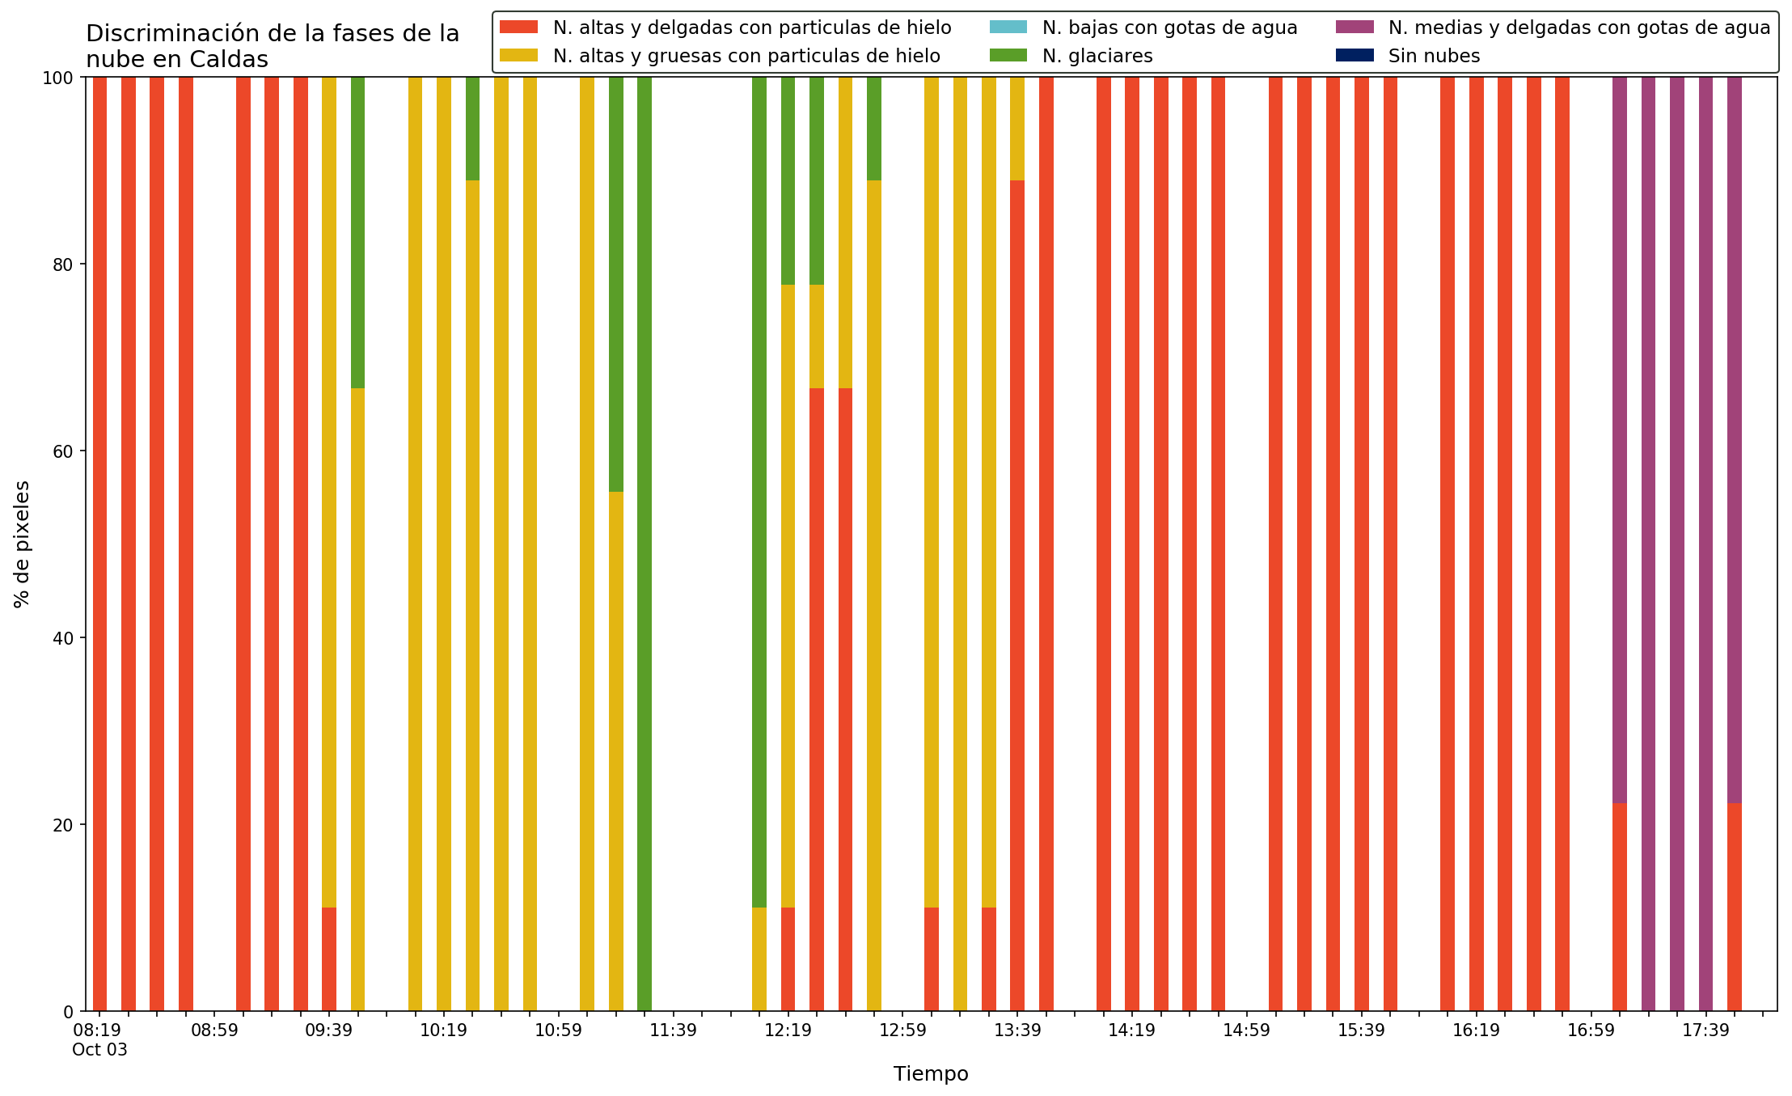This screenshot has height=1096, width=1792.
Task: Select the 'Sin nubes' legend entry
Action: click(1408, 56)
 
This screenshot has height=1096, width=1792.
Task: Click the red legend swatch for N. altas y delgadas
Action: click(519, 28)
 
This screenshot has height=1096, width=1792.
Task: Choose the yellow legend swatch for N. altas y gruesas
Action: click(519, 56)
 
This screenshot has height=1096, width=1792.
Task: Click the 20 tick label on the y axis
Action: click(63, 825)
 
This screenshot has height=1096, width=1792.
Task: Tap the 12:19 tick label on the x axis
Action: click(788, 1030)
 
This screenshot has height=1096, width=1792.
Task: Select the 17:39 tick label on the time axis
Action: click(1705, 1030)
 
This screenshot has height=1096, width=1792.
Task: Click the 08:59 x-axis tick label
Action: click(214, 1030)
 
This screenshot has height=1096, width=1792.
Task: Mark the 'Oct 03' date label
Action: click(99, 1050)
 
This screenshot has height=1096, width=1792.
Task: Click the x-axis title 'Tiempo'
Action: click(931, 1074)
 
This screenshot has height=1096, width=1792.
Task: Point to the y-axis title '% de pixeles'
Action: click(23, 544)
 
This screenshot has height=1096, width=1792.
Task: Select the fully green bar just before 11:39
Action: click(645, 544)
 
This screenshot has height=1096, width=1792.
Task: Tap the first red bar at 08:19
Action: click(99, 544)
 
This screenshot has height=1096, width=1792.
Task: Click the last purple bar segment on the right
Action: click(1735, 440)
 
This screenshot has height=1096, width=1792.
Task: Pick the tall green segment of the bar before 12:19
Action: click(759, 492)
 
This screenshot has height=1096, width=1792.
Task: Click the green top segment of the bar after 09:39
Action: click(357, 232)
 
